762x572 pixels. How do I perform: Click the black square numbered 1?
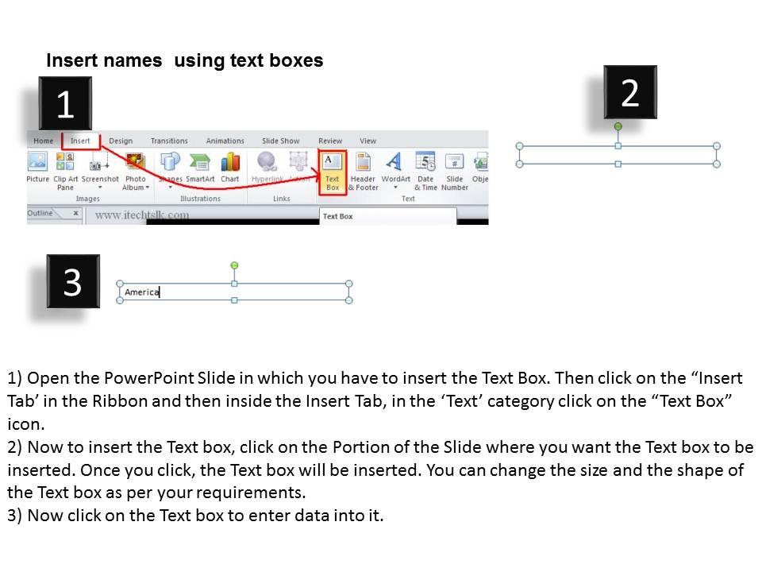tap(65, 104)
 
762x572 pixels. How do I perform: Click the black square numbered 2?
tap(629, 92)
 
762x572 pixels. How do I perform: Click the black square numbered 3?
tap(72, 281)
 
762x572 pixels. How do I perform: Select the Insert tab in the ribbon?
tap(81, 141)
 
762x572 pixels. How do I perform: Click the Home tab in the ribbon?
tap(44, 141)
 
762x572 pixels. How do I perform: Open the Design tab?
tap(121, 141)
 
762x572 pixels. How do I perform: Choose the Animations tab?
tap(225, 141)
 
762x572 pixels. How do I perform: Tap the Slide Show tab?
tap(281, 141)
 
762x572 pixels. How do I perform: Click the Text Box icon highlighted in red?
tap(332, 169)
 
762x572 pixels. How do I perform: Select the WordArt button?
tap(395, 169)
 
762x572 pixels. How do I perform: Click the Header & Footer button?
tap(364, 169)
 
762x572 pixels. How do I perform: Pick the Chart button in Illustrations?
tap(230, 168)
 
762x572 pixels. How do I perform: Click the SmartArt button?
tap(200, 168)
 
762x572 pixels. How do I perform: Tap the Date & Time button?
tap(425, 169)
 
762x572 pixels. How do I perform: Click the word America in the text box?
tap(141, 292)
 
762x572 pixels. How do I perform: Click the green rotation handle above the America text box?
tap(234, 265)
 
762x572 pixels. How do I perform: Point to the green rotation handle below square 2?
tap(618, 126)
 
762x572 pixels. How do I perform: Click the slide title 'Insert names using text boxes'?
tap(185, 61)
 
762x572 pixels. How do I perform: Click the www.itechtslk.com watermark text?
tap(142, 214)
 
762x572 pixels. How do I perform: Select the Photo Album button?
tap(136, 169)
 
